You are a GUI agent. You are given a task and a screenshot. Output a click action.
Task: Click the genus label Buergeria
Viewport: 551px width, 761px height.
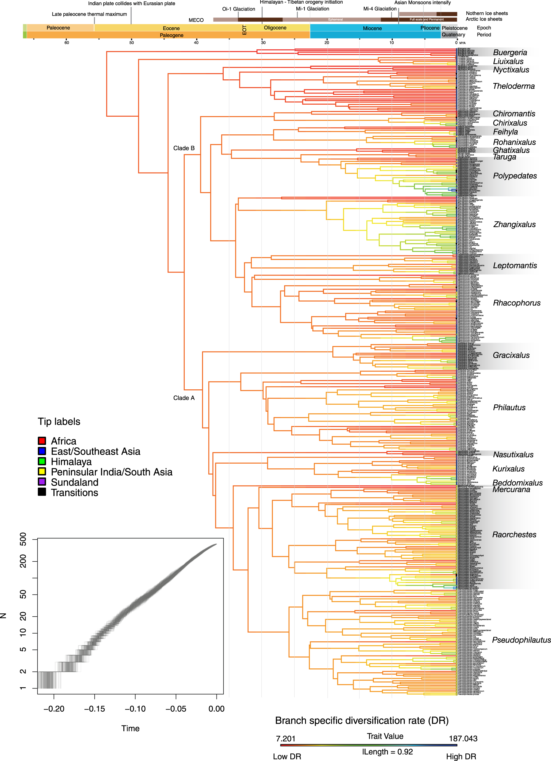[x=510, y=52]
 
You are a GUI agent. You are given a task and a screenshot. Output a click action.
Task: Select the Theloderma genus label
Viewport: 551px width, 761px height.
[x=513, y=86]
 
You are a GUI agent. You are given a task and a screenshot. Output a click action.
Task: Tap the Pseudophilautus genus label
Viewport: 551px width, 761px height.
[x=521, y=640]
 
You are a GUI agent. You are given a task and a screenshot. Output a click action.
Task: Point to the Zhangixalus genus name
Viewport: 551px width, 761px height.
[x=514, y=225]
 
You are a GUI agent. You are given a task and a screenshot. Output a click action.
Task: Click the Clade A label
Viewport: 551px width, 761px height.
[x=184, y=398]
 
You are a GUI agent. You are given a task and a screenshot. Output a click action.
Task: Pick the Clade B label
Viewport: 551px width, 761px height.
[x=184, y=148]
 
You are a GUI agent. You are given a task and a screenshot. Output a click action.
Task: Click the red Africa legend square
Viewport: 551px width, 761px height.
[x=42, y=440]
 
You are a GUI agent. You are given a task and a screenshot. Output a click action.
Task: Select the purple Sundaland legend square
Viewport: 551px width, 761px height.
[x=42, y=482]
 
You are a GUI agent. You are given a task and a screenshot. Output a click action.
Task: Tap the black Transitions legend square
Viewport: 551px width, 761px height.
[x=42, y=492]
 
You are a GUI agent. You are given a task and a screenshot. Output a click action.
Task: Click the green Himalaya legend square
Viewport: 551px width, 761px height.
[x=42, y=461]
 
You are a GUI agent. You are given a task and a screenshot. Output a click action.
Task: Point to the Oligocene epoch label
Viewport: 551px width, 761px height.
[x=275, y=28]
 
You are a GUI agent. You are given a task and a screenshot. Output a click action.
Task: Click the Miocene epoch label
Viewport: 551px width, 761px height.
[x=372, y=29]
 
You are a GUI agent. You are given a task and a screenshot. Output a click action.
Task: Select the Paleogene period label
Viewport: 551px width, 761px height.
[x=171, y=35]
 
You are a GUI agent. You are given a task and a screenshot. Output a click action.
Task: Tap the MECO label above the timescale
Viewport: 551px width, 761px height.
[x=196, y=20]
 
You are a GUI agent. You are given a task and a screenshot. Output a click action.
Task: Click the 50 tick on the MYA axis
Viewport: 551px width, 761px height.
[x=132, y=43]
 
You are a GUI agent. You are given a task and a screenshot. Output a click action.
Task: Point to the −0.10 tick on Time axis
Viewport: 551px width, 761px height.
[x=135, y=709]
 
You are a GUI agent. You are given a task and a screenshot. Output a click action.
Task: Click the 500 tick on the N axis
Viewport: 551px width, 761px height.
[x=23, y=539]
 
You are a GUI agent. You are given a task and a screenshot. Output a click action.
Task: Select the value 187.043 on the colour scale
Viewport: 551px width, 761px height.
[x=463, y=738]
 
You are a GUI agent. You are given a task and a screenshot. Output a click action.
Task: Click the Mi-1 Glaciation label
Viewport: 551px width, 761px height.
[x=312, y=9]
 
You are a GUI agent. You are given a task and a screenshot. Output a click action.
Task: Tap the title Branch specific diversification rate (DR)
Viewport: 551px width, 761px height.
[x=362, y=720]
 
